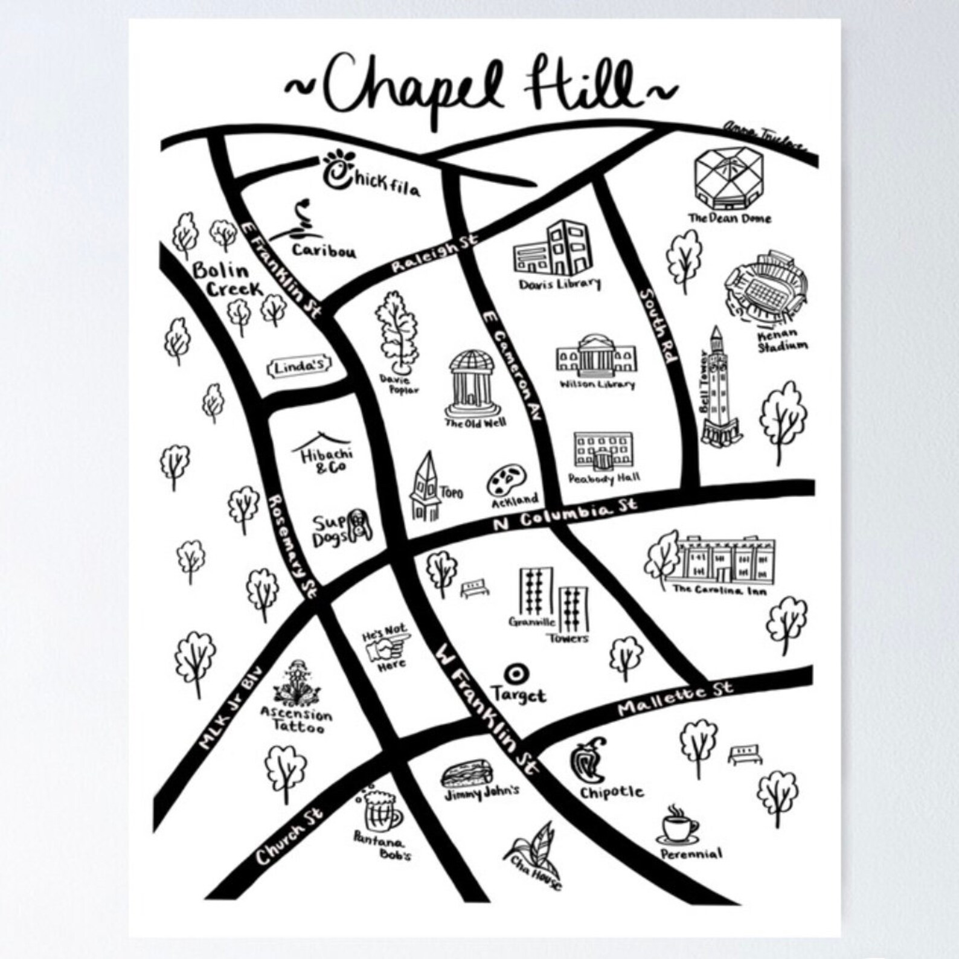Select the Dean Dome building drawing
[x=728, y=176]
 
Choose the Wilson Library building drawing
[x=596, y=357]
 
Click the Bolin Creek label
[x=227, y=280]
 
